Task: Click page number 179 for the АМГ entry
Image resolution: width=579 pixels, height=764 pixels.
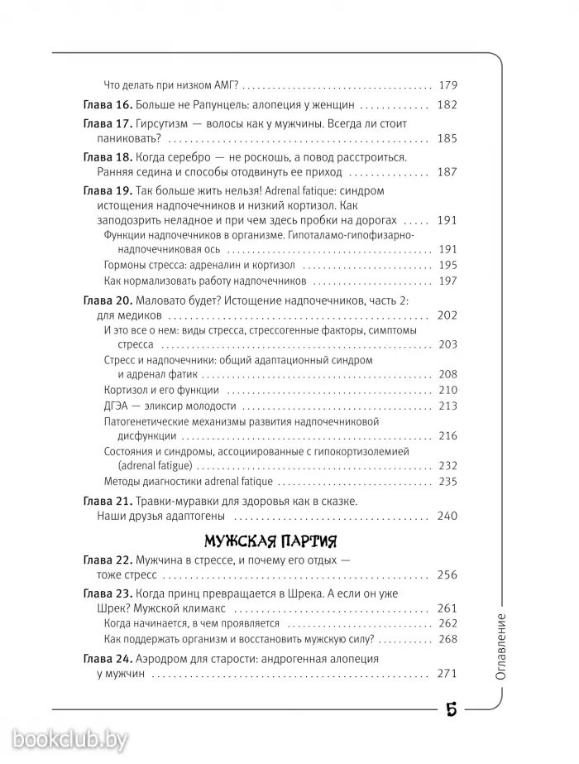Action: click(447, 85)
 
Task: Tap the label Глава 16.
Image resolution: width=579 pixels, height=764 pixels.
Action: click(108, 105)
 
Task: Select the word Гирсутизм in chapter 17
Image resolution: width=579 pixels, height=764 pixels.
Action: click(162, 124)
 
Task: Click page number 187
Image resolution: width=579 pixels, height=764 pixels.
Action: click(447, 172)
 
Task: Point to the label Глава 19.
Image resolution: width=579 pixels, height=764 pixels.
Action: click(108, 191)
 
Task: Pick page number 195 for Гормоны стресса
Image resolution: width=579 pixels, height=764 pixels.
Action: click(447, 266)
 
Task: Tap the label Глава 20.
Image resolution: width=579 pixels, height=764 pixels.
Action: click(108, 300)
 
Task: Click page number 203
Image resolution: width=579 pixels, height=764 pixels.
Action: click(447, 344)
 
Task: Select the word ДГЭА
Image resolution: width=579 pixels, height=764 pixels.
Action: click(119, 406)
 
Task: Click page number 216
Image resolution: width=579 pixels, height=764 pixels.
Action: click(447, 435)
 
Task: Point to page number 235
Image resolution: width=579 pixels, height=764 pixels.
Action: click(447, 481)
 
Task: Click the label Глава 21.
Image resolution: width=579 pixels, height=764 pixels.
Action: click(108, 502)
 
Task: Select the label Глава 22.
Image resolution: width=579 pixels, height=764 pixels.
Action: click(108, 560)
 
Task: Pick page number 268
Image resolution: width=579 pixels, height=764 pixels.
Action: click(447, 639)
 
